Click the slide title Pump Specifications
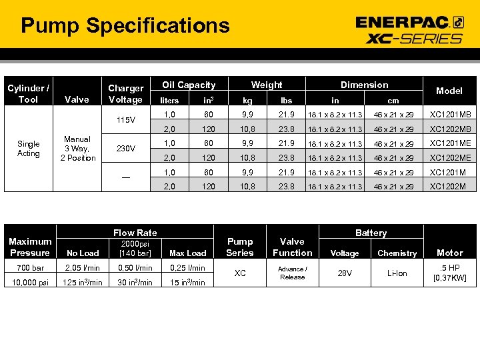125,26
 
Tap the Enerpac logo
409,22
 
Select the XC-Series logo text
414,38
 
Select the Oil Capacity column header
189,85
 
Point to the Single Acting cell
29,149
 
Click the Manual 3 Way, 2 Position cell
77,149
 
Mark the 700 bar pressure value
29,268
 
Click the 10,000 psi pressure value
29,282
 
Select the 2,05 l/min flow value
83,268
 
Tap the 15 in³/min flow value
187,282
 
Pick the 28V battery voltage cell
345,273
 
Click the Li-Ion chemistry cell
397,273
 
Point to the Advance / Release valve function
292,273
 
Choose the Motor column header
449,253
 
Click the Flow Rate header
135,233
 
